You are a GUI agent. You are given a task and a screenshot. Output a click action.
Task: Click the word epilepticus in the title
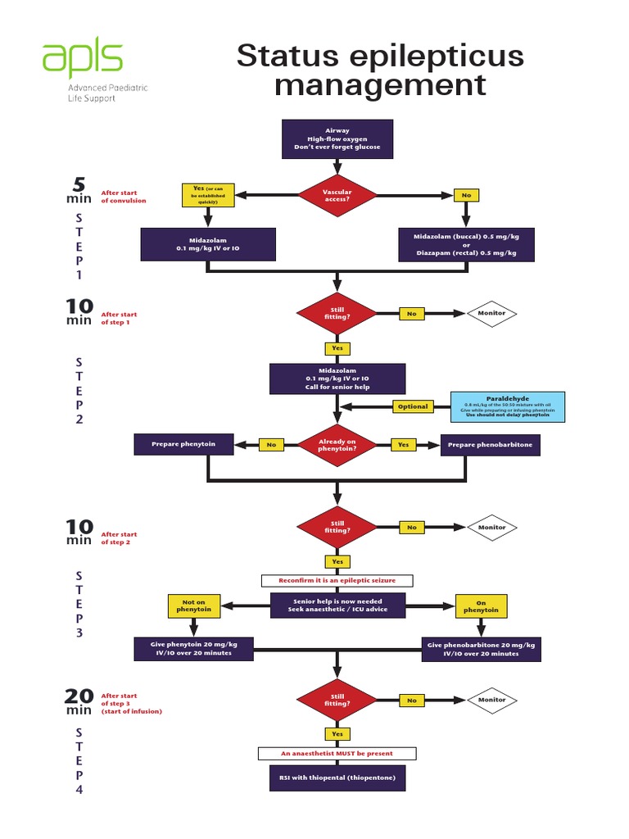[x=420, y=57]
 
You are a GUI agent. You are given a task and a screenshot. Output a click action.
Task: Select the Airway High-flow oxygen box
[x=337, y=139]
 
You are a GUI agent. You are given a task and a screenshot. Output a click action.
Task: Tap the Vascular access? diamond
[x=337, y=195]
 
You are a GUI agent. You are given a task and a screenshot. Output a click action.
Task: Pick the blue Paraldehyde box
[x=508, y=406]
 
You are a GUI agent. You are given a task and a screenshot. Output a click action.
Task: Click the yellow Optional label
[x=412, y=406]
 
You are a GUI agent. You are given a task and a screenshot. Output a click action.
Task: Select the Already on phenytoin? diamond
[x=337, y=445]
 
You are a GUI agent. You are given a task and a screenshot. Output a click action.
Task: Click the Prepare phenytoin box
[x=184, y=445]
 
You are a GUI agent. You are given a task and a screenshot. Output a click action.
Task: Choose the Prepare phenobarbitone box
[x=491, y=445]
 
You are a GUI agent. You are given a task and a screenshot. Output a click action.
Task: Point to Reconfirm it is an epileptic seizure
[x=337, y=580]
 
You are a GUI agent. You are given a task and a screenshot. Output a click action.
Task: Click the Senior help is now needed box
[x=337, y=606]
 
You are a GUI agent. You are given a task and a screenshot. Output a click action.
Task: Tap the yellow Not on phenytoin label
[x=193, y=606]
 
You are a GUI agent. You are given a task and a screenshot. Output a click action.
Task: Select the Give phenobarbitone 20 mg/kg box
[x=481, y=649]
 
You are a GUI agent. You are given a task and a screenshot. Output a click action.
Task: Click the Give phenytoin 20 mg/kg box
[x=194, y=649]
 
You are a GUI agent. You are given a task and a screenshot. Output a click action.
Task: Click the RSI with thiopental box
[x=337, y=778]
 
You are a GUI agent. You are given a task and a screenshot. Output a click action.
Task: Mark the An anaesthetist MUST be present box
[x=337, y=753]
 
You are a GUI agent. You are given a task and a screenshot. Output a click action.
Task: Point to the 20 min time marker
[x=79, y=701]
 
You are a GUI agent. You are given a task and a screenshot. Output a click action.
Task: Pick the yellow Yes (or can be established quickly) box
[x=209, y=195]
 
